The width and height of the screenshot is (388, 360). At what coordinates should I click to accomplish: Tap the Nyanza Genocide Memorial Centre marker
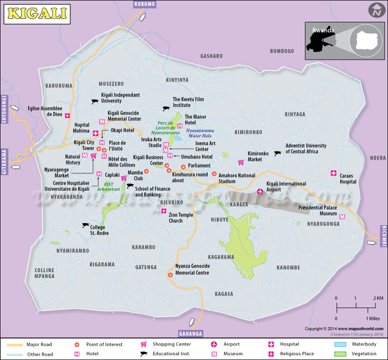click(x=170, y=275)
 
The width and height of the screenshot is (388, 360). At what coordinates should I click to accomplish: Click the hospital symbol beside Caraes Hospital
click(x=333, y=173)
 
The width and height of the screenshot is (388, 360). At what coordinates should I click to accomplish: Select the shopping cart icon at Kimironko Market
click(x=240, y=163)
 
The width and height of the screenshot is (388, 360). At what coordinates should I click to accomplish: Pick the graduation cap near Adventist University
click(x=277, y=153)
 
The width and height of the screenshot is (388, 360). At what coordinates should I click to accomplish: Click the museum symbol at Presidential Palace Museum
click(x=342, y=217)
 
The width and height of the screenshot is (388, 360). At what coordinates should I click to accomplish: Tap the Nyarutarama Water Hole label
click(x=200, y=133)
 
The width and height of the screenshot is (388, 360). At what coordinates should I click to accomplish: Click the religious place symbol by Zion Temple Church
click(x=164, y=211)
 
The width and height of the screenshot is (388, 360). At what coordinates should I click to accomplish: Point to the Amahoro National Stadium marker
click(x=214, y=174)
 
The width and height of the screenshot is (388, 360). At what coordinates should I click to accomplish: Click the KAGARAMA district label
click(x=221, y=257)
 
